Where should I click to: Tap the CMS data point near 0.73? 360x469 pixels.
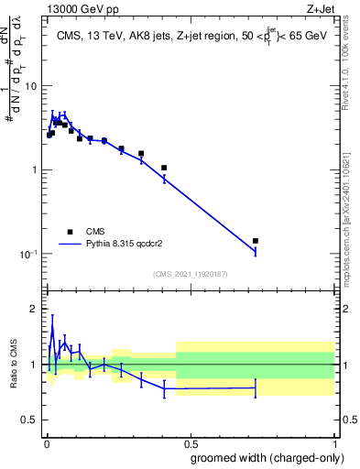[x=256, y=241]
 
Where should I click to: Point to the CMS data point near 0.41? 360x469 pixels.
[x=164, y=168]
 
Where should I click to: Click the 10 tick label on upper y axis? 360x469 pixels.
[x=29, y=86]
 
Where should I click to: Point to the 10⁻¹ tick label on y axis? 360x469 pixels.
[x=27, y=254]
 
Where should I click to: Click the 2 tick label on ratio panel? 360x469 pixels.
[x=35, y=309]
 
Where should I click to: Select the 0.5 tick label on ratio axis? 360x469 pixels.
[x=30, y=420]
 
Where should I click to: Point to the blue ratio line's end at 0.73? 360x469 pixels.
[x=256, y=387]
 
